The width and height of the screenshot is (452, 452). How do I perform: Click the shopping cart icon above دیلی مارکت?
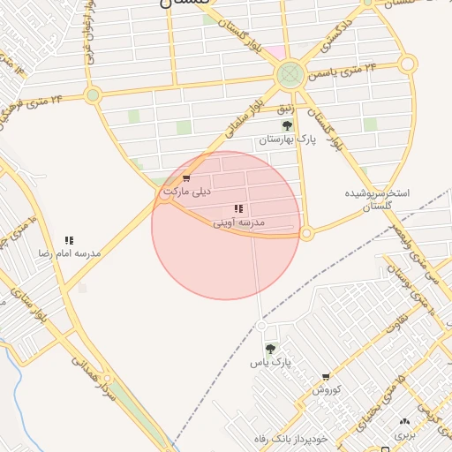[185, 178]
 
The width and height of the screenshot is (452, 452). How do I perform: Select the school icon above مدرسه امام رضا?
[69, 240]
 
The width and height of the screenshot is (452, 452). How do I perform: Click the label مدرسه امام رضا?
[69, 253]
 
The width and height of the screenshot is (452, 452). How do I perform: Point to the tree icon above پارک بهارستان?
[286, 126]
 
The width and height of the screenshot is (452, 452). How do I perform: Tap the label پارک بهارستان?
[286, 140]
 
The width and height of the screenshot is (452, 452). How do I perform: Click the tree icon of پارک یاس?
[269, 350]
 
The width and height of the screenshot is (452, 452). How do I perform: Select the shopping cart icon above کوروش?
[326, 377]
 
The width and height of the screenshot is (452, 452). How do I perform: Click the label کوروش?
[326, 389]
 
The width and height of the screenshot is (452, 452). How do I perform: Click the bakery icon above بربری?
[404, 422]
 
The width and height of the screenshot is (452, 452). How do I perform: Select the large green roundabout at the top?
[290, 74]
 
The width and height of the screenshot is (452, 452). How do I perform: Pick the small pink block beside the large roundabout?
[276, 53]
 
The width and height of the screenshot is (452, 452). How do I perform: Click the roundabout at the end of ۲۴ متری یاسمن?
[407, 64]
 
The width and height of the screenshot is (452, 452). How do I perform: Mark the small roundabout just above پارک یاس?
[261, 326]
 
